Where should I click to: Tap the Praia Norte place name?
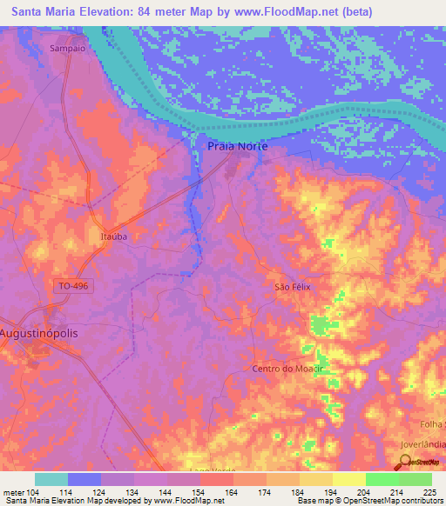point(237,147)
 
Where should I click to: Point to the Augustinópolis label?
point(44,333)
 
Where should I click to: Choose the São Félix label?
point(293,286)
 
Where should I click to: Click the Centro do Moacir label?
point(287,369)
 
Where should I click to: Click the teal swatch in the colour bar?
point(51,479)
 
